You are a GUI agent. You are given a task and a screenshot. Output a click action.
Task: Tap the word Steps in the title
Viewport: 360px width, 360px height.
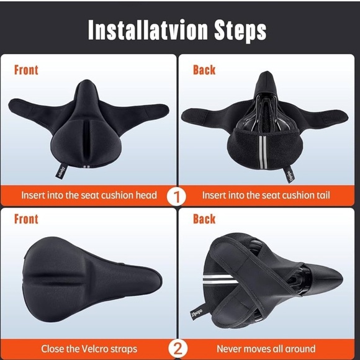click(240, 29)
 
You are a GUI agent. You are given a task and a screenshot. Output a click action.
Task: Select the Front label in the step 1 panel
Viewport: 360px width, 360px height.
click(26, 70)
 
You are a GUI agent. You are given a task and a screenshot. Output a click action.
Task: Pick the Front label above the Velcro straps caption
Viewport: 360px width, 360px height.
click(26, 218)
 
